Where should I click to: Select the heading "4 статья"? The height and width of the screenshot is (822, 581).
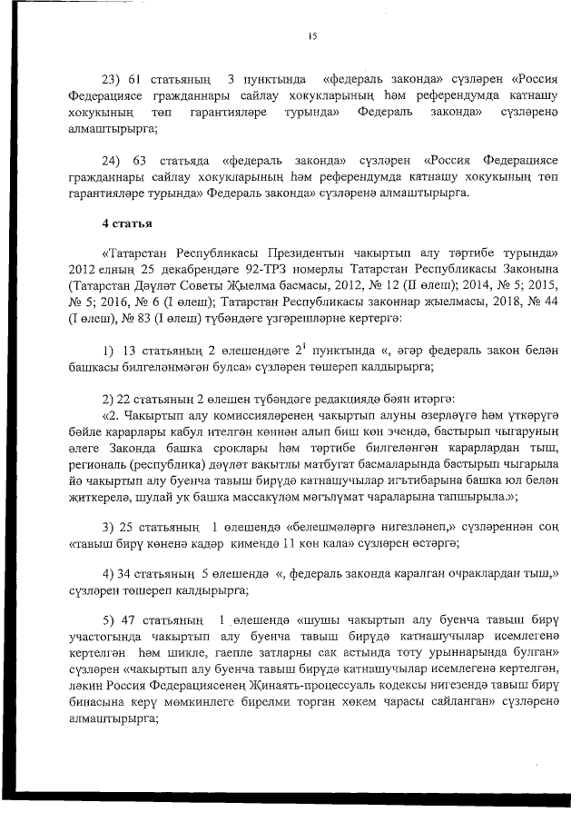click(127, 223)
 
